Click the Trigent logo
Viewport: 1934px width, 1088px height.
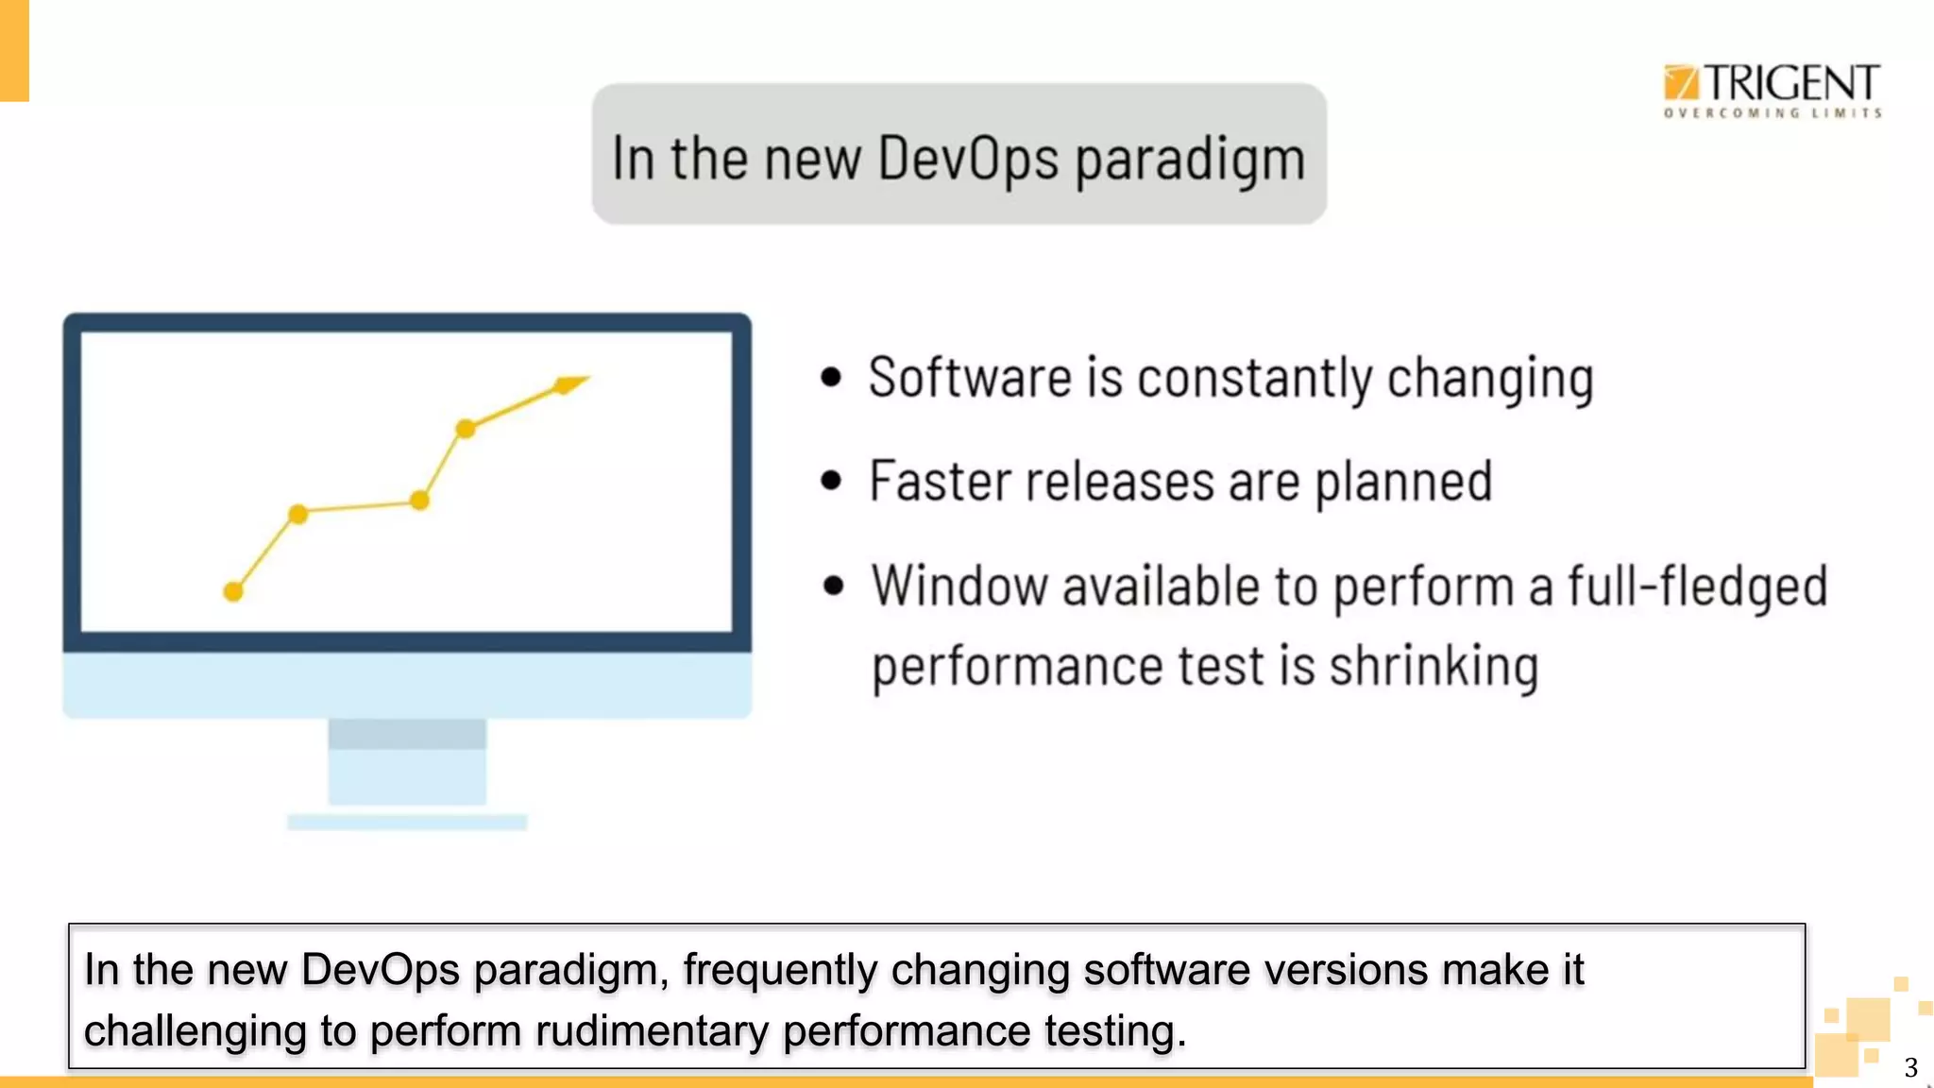(1772, 90)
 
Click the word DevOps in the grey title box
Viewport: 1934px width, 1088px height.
(968, 158)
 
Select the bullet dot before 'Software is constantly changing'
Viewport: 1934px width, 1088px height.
(830, 378)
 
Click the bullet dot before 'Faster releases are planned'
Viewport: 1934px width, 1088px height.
(830, 482)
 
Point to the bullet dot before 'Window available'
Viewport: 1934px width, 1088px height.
(832, 586)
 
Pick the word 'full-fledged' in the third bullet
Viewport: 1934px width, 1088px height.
(1697, 586)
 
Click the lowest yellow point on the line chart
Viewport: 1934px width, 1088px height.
(233, 592)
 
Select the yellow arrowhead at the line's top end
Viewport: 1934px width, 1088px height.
(570, 383)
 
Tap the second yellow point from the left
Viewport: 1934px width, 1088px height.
(297, 514)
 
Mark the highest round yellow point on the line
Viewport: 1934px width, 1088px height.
(465, 429)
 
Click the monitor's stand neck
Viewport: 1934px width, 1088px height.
(407, 761)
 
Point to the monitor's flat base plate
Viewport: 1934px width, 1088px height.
(407, 823)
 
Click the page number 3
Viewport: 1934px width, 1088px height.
(1910, 1068)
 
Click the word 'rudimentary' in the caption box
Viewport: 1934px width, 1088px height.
(651, 1030)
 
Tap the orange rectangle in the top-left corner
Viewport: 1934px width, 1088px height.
(14, 50)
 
